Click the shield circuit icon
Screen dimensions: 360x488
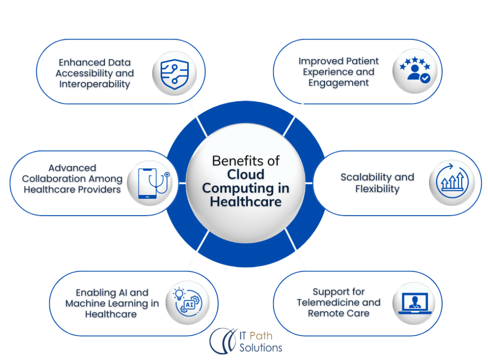tap(171, 74)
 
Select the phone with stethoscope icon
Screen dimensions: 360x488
tap(150, 184)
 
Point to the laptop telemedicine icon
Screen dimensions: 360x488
tap(413, 303)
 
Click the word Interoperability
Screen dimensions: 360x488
tap(94, 84)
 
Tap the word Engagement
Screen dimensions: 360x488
tap(338, 83)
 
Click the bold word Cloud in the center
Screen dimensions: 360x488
tap(245, 174)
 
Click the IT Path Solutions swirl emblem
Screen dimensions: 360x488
tap(223, 341)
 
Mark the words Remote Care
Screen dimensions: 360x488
tap(338, 313)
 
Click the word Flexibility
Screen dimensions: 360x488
tap(377, 189)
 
